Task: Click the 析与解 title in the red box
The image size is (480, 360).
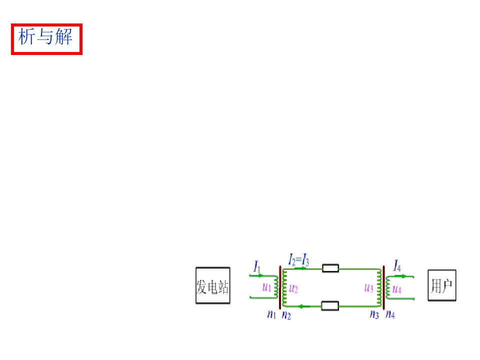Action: pos(45,36)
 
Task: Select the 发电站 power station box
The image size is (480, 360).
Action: pos(213,285)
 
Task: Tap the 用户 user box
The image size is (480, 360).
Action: pos(441,285)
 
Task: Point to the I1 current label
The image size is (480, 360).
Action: pos(257,266)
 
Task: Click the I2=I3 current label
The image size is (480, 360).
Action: pos(298,260)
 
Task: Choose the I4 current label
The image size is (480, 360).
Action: pos(397,265)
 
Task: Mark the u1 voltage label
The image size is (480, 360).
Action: pos(267,287)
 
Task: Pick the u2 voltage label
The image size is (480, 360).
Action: pos(293,288)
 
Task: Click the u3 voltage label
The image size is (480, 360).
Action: pos(369,288)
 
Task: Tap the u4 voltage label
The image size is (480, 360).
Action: pos(396,289)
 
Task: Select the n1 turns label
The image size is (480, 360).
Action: pos(271,314)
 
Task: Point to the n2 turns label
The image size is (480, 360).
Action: pos(286,315)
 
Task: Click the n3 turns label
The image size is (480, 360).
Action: pos(374,314)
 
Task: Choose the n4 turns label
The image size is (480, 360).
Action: pos(390,314)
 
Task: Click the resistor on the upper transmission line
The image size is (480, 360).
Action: pos(330,268)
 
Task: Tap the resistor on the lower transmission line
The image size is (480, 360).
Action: pos(330,305)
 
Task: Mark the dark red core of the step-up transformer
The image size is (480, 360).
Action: pos(280,287)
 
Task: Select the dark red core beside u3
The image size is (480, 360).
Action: pos(383,288)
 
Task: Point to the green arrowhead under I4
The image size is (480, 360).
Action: pos(403,276)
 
